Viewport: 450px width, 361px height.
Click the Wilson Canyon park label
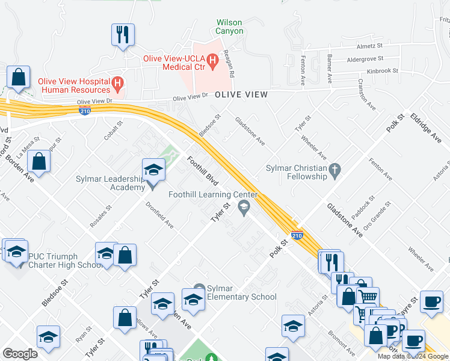pyautogui.click(x=230, y=26)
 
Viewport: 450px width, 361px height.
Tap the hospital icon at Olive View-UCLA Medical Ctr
pyautogui.click(x=212, y=61)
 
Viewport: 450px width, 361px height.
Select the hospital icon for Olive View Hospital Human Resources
pyautogui.click(x=118, y=82)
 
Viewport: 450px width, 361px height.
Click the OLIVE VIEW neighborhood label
pyautogui.click(x=241, y=95)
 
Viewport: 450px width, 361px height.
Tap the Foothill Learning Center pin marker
pyautogui.click(x=244, y=208)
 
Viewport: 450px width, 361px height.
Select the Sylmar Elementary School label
pyautogui.click(x=241, y=292)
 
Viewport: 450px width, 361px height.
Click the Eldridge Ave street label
pyautogui.click(x=425, y=128)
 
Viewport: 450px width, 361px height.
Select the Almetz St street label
pyautogui.click(x=369, y=46)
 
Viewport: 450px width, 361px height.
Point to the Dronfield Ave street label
pyautogui.click(x=159, y=215)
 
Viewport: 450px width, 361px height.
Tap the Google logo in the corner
pyautogui.click(x=20, y=354)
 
